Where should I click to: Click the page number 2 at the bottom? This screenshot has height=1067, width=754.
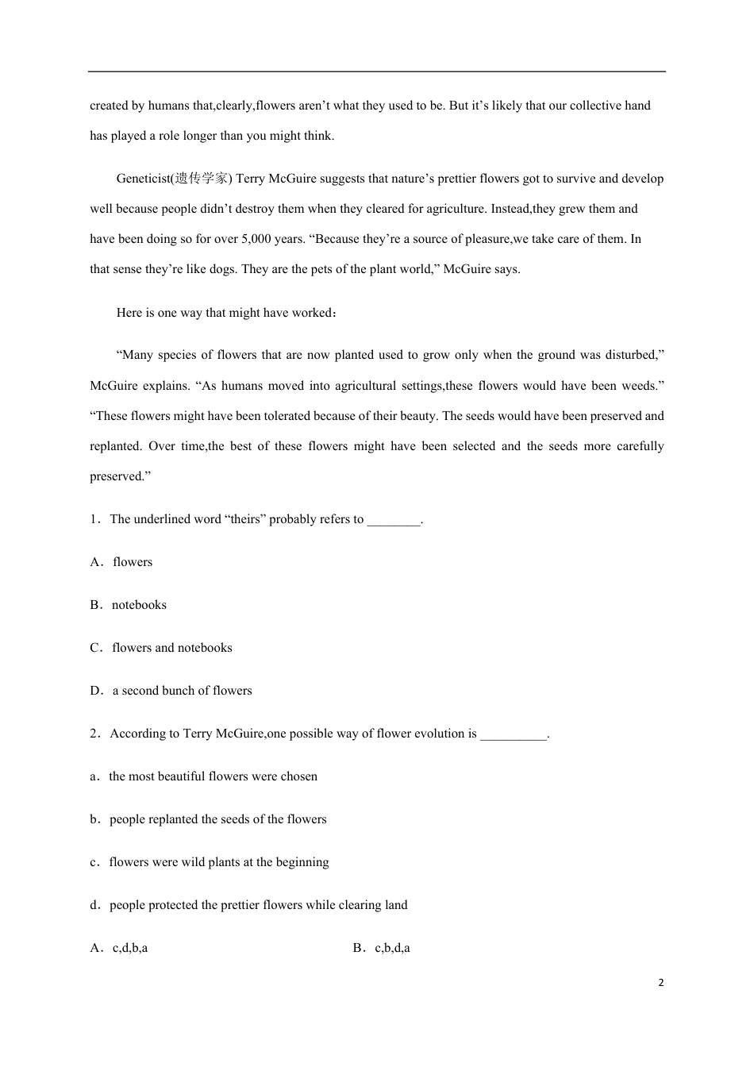coord(661,983)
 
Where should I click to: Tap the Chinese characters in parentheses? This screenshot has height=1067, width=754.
coord(202,179)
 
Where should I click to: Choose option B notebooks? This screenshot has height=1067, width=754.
coord(139,605)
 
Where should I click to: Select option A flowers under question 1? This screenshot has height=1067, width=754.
coord(133,562)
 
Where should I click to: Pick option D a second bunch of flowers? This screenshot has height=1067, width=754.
coord(182,691)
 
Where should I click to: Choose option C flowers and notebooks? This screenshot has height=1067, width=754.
coord(172,648)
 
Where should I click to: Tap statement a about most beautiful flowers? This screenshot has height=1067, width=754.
coord(213,776)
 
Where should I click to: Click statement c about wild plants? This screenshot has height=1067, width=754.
coord(218,862)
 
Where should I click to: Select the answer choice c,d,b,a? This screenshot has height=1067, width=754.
coord(129,948)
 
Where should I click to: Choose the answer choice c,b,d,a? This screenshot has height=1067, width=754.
coord(392,948)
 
